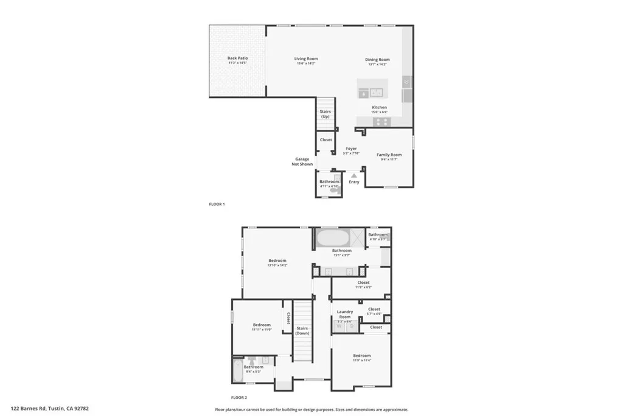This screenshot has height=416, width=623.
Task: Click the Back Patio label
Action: point(238,58)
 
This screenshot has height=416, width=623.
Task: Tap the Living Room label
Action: point(307,59)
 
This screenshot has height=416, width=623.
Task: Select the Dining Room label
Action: point(377,60)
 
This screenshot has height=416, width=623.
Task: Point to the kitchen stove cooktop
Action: point(381,121)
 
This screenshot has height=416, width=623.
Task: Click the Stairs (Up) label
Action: point(325,114)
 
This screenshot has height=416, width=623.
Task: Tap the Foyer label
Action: point(351,149)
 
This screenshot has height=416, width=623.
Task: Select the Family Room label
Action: point(389,155)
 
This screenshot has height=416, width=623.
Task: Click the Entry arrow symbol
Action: point(354,175)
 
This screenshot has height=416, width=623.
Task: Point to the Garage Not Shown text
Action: point(302,161)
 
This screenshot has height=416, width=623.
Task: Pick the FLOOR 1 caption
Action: point(217,204)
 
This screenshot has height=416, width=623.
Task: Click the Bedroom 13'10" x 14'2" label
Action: point(277,261)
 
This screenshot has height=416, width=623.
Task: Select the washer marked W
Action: point(339,326)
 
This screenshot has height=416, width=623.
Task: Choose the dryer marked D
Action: point(352,326)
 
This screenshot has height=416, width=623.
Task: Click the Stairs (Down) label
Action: point(302,331)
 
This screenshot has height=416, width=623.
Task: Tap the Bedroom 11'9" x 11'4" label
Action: point(361,356)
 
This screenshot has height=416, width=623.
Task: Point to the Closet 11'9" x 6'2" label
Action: point(363,283)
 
